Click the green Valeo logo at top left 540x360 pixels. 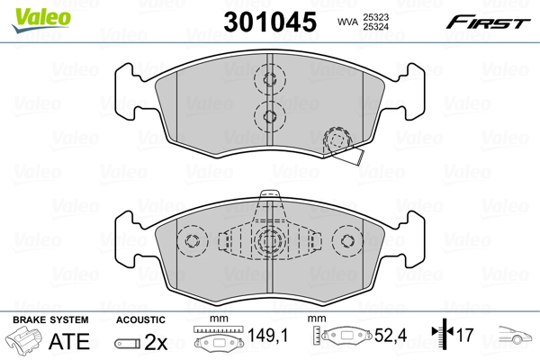pos(41,20)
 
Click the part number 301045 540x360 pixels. pos(270,22)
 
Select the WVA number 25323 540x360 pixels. pos(375,17)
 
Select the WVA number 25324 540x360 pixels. pos(375,26)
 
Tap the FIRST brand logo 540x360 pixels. pos(488,22)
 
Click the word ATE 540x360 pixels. pos(69,341)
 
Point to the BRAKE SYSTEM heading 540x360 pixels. pos(50,320)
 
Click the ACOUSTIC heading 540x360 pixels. pos(140,320)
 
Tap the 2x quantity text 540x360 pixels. pos(156,342)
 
